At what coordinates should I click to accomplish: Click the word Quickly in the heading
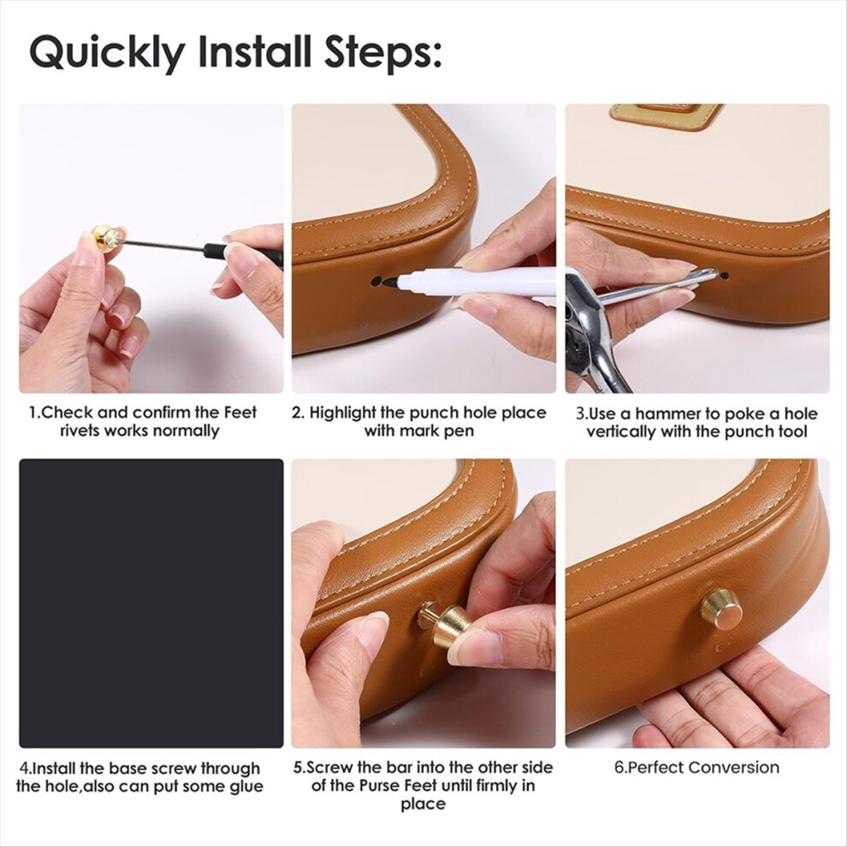pos(107,53)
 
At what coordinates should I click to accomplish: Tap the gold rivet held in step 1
pos(107,238)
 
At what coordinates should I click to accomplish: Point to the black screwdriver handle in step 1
pos(243,253)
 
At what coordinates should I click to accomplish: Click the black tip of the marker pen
pos(389,281)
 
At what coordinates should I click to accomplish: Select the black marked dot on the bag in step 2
pos(375,281)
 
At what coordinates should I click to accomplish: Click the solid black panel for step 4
pos(151,603)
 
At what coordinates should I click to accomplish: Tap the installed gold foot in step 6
pos(722,609)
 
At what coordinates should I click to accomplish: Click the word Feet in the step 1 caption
pos(240,412)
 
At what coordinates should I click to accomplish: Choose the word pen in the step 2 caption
pos(459,431)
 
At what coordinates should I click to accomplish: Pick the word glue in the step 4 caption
pos(244,786)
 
